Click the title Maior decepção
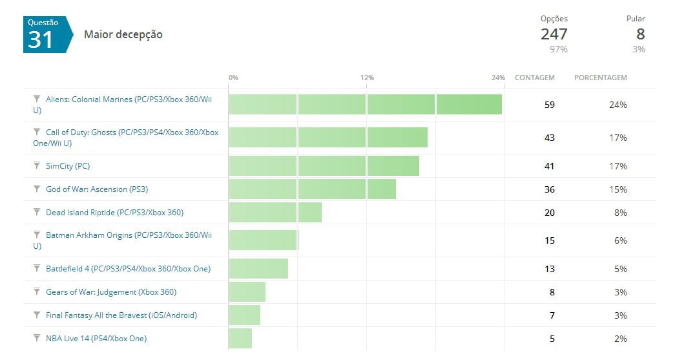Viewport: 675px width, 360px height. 123,35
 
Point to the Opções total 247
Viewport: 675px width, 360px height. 554,34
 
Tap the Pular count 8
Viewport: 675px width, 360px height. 640,34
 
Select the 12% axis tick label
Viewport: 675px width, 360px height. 367,78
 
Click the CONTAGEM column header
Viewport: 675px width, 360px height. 534,78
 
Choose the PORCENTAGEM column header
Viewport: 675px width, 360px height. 600,78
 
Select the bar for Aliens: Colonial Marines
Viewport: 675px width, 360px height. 365,105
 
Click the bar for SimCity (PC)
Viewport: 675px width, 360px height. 324,166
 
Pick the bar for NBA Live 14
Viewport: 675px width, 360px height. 240,339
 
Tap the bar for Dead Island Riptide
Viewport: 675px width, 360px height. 275,213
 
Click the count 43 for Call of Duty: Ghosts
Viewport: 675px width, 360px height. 549,138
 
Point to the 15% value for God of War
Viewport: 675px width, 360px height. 618,189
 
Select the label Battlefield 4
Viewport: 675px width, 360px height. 128,269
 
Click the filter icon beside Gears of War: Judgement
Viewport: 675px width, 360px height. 37,291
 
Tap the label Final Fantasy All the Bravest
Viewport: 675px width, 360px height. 121,315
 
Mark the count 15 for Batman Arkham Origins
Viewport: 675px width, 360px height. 549,240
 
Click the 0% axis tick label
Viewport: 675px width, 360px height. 233,78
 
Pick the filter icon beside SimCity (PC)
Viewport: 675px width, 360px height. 37,165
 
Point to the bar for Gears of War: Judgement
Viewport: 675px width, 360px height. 247,292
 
